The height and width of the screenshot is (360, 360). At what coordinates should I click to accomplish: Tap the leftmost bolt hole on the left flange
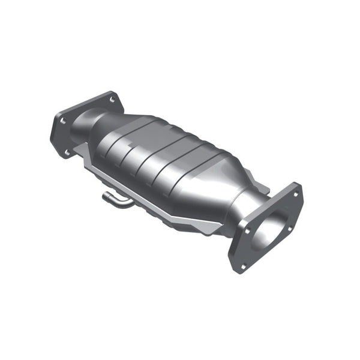(x=62, y=121)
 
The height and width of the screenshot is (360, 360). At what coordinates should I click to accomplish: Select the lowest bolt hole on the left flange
(x=67, y=151)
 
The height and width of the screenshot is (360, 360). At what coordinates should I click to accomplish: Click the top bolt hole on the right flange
(x=295, y=194)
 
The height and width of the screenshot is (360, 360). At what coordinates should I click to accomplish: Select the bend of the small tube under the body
(x=120, y=204)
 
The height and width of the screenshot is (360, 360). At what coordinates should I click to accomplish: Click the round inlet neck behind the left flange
(x=84, y=126)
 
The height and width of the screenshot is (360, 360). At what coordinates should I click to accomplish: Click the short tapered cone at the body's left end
(x=105, y=129)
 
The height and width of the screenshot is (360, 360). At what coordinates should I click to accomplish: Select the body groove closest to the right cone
(x=180, y=174)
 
